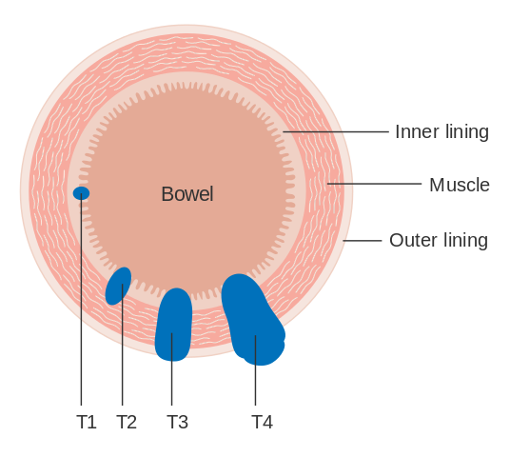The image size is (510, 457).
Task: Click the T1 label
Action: (x=87, y=422)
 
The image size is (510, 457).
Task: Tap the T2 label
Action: (x=127, y=422)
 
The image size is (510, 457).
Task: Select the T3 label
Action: (x=177, y=422)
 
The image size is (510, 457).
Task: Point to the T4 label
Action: (x=263, y=422)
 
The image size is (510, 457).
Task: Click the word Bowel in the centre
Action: (x=187, y=194)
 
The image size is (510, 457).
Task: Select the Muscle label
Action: (x=460, y=186)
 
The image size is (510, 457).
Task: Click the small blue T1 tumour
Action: (x=81, y=193)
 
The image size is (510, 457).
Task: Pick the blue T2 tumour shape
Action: (x=118, y=287)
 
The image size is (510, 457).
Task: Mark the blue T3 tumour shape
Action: (x=174, y=325)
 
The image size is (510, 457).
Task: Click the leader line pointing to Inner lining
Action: (x=336, y=131)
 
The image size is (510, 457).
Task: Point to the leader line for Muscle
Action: (x=374, y=184)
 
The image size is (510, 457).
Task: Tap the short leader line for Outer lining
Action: (x=362, y=241)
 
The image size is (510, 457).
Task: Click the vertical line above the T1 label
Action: (x=81, y=300)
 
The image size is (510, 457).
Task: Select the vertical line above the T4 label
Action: (x=255, y=370)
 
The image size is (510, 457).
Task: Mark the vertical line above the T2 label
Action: (x=123, y=345)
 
